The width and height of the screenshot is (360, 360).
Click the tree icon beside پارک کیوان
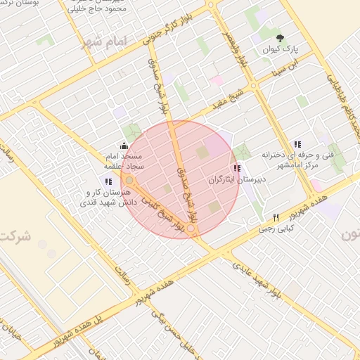pos(281,38)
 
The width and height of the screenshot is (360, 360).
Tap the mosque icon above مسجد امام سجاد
pos(124,144)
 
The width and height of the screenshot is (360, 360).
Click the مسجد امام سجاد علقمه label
pos(124,160)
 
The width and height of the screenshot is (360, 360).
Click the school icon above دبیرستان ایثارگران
pos(236,168)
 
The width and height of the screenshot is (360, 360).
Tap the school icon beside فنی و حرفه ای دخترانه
pos(297,143)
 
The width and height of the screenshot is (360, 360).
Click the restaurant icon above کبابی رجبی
pos(276,217)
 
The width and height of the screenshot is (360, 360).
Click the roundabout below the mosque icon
pos(129,180)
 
